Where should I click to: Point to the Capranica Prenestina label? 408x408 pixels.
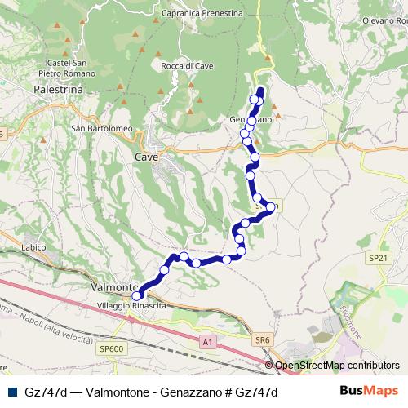pos(203,13)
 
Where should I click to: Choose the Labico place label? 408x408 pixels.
pos(33,248)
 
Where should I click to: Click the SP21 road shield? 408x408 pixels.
pos(375,257)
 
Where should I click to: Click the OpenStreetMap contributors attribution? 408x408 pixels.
pos(337,366)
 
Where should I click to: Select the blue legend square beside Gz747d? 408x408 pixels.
pos(12,392)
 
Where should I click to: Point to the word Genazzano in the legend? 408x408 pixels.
pos(188,392)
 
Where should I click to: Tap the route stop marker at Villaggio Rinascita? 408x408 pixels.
pos(136,296)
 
